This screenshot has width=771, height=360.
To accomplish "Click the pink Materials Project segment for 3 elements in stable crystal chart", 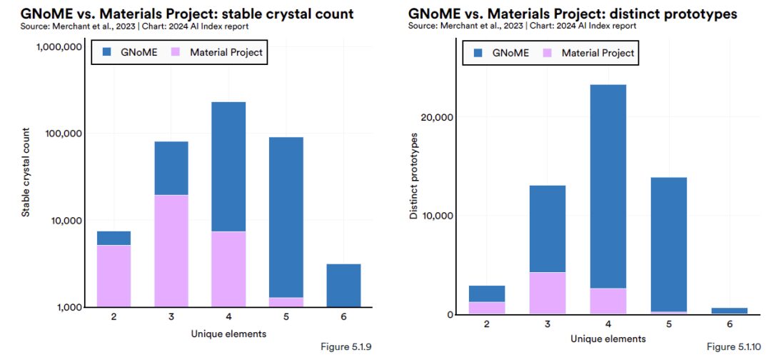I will [x=171, y=251].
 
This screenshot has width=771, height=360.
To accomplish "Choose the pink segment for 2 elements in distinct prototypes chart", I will [x=486, y=308].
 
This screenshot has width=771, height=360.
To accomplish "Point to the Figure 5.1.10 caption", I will [x=735, y=347].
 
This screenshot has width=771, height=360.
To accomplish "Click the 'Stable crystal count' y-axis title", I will [x=25, y=172].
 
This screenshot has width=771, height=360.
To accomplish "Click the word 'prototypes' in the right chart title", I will [x=695, y=14].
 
